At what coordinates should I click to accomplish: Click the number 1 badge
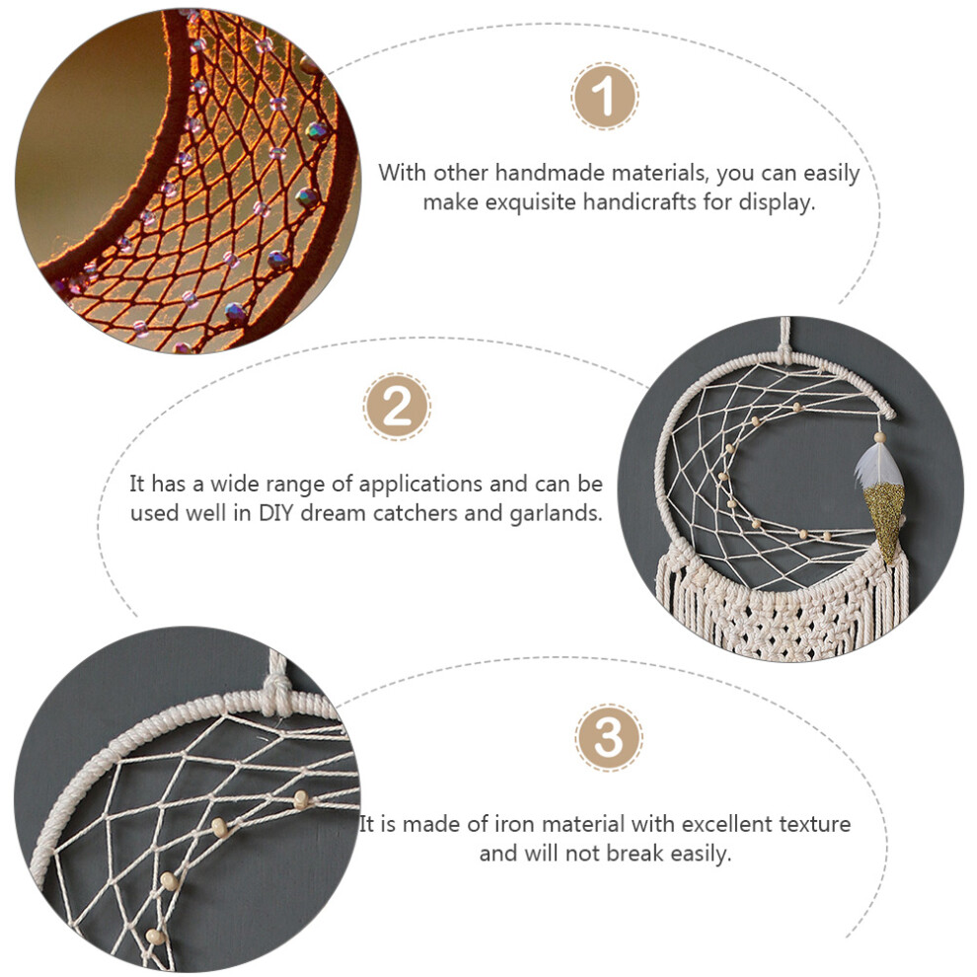tap(604, 96)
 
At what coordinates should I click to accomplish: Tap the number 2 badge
tap(397, 407)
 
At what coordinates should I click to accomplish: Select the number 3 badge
tap(609, 738)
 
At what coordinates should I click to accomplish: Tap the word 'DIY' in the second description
tap(272, 513)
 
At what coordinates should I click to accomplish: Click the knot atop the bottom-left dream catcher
tap(277, 690)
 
